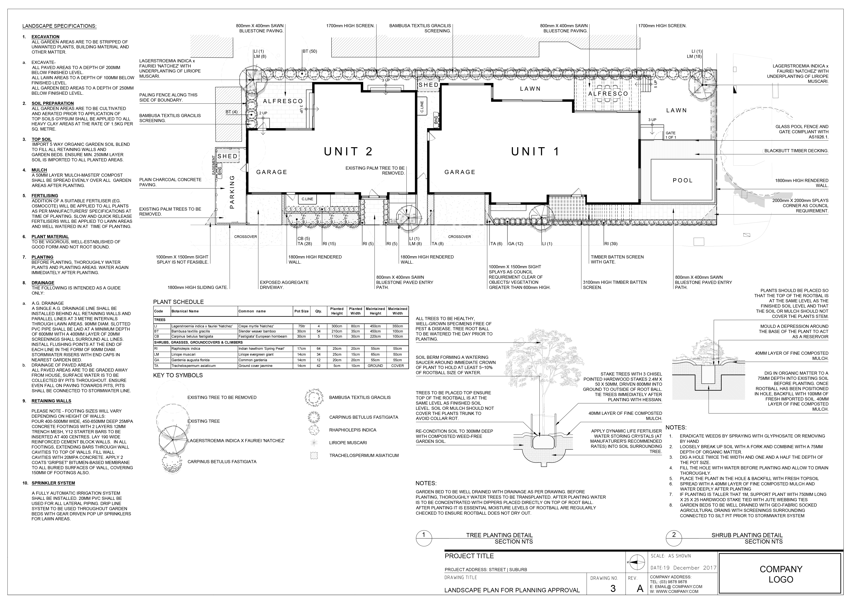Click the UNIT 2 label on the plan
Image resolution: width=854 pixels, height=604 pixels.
[348, 152]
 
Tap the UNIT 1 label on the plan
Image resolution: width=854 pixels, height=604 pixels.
[535, 152]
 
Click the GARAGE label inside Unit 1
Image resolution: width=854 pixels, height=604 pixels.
[460, 172]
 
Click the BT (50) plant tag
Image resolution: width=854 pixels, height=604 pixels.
[309, 51]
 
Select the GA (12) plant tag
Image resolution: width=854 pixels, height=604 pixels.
[515, 244]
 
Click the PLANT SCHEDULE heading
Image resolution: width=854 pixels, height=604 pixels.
[178, 302]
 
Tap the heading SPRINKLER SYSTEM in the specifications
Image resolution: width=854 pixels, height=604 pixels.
[53, 483]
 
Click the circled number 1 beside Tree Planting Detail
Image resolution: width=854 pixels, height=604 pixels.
[424, 535]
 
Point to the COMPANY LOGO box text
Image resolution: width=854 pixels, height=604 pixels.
[781, 574]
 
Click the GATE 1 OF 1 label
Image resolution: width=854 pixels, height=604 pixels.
[671, 135]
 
